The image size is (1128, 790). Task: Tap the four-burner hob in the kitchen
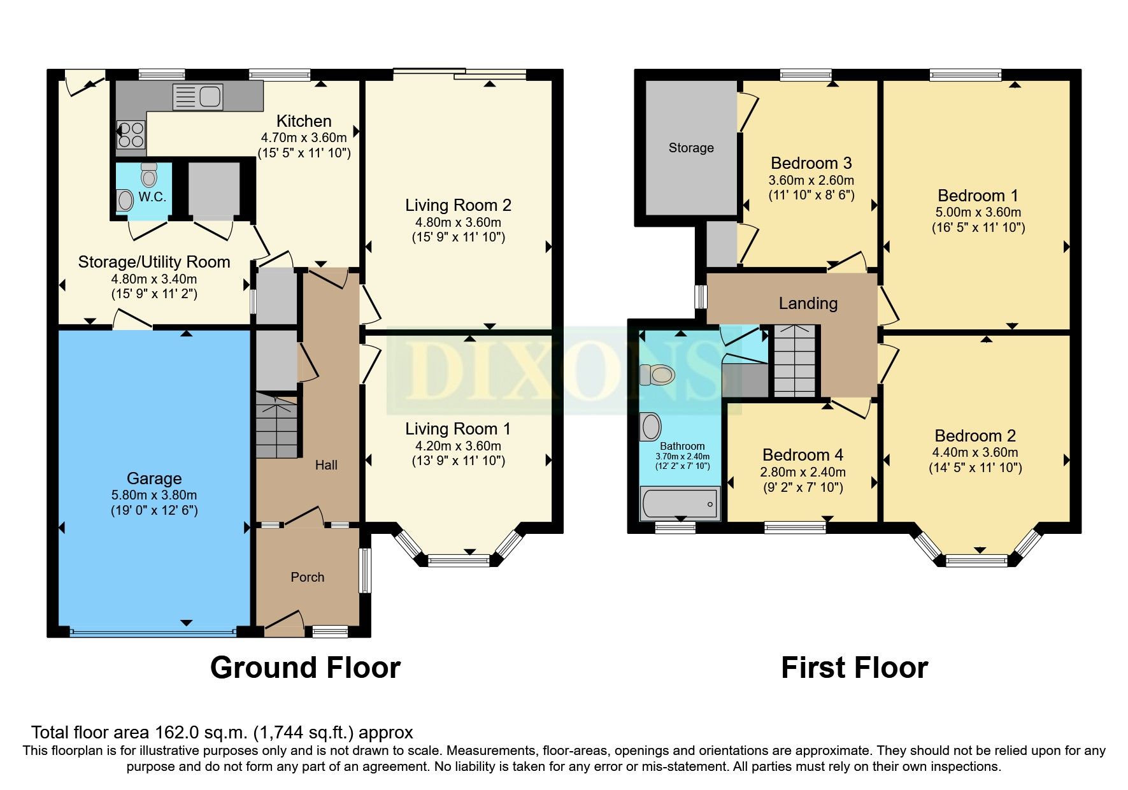point(131,135)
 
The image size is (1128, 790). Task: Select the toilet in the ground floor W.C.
point(149,175)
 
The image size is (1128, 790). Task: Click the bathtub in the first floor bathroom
point(680,503)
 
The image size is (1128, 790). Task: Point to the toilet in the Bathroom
point(657,375)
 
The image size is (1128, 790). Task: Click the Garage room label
point(154,478)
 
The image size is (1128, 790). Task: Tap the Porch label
point(308,577)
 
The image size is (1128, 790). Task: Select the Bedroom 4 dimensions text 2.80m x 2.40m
point(803,472)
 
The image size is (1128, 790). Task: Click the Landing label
point(808,303)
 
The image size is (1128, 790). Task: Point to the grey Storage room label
point(691,148)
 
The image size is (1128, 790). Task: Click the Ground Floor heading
point(305,668)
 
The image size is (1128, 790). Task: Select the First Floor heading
point(854,668)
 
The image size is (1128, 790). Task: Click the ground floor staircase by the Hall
point(276,425)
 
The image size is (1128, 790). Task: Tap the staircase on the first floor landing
point(794,360)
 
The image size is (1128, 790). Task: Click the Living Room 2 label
point(458,205)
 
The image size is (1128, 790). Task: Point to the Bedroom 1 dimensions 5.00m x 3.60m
point(979,212)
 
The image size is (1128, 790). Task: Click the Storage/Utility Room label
point(154,262)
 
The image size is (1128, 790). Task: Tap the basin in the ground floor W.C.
point(125,201)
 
